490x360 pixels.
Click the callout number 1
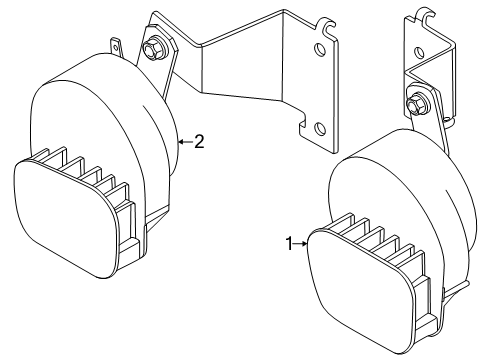coord(289,244)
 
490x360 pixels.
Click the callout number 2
coord(199,142)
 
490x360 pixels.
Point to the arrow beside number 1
coord(300,244)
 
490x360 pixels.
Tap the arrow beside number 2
coord(186,142)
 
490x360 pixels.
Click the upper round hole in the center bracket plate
coord(319,50)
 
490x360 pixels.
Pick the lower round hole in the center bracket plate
coord(320,128)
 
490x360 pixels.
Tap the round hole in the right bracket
coord(419,52)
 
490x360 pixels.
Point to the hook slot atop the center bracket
coord(328,27)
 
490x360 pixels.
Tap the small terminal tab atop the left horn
coord(116,48)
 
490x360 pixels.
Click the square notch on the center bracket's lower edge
coord(303,123)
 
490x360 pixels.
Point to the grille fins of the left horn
coord(97,187)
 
